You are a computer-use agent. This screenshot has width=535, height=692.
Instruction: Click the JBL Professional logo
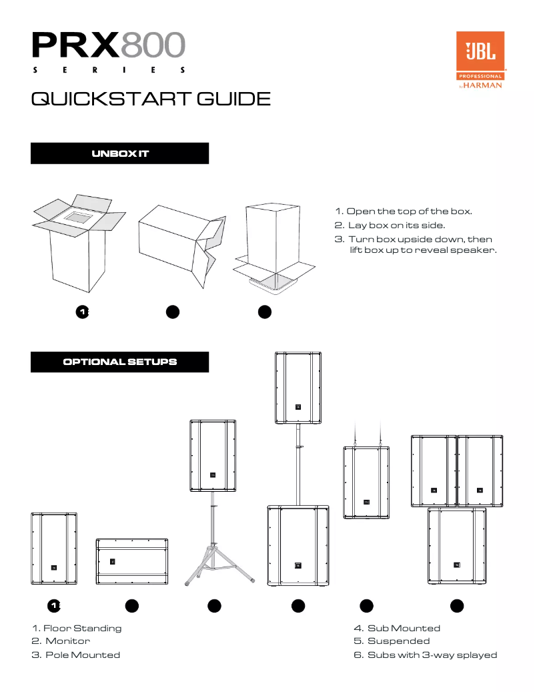pyautogui.click(x=479, y=60)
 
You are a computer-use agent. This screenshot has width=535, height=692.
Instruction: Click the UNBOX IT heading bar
pyautogui.click(x=120, y=153)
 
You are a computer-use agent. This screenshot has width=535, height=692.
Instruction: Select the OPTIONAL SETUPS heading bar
pyautogui.click(x=120, y=362)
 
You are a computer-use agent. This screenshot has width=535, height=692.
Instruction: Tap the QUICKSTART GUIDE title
pyautogui.click(x=151, y=99)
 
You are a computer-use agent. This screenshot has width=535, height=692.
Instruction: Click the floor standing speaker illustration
pyautogui.click(x=53, y=550)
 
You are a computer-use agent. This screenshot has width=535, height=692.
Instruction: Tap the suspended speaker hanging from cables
pyautogui.click(x=366, y=482)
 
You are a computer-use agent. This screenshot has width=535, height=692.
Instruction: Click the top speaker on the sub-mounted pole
pyautogui.click(x=298, y=387)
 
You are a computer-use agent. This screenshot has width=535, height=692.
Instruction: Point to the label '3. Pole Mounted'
pyautogui.click(x=76, y=655)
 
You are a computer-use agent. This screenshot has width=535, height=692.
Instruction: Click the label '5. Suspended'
pyautogui.click(x=392, y=641)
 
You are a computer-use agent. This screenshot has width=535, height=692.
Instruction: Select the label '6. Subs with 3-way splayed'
pyautogui.click(x=425, y=655)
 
